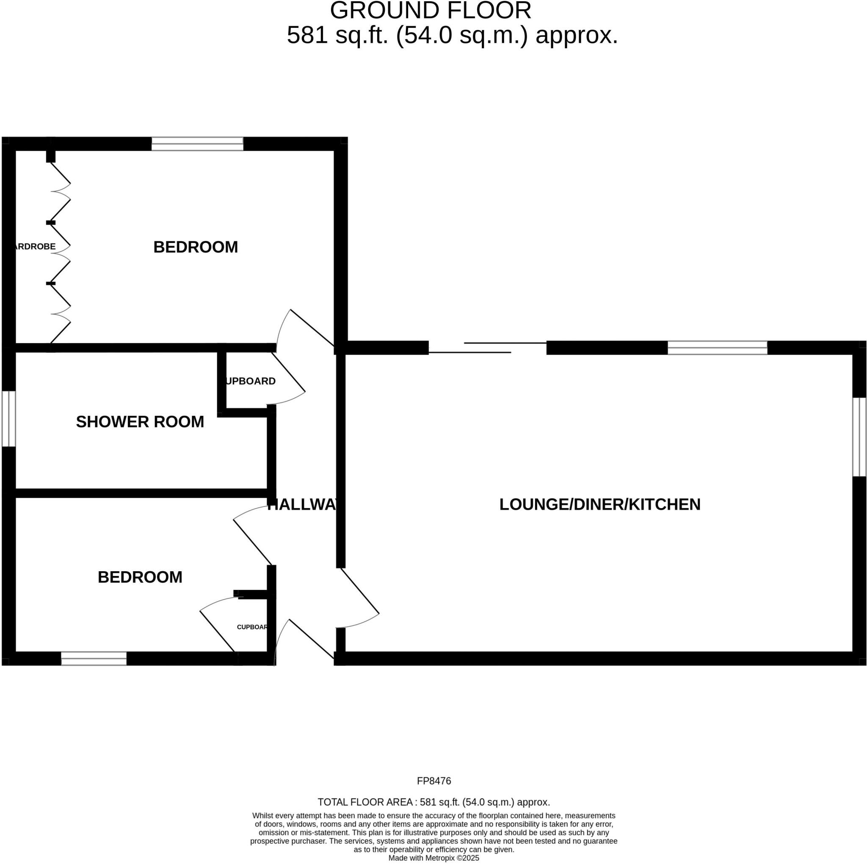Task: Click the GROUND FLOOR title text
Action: (x=431, y=10)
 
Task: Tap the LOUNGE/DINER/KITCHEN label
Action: (x=599, y=505)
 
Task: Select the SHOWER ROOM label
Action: (x=140, y=422)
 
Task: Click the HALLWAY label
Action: (x=302, y=505)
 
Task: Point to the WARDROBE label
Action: (x=35, y=246)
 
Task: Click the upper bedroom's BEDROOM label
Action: (x=195, y=247)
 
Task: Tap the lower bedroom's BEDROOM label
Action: (x=140, y=578)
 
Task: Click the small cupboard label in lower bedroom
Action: (x=252, y=627)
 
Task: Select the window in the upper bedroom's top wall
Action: (x=197, y=144)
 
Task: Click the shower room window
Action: (x=8, y=419)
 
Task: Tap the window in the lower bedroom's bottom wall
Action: (x=94, y=658)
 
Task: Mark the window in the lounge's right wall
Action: (x=859, y=437)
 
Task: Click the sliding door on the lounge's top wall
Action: (x=487, y=348)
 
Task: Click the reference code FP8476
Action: (x=433, y=781)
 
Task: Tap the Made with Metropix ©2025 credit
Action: (x=433, y=858)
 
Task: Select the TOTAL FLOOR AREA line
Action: (x=433, y=802)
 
